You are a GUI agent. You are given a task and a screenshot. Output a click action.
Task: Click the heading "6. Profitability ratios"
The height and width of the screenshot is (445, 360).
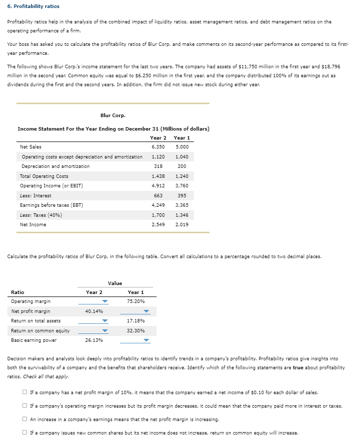pos(33,6)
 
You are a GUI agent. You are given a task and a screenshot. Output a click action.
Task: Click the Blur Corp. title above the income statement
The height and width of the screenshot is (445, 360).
pos(113,115)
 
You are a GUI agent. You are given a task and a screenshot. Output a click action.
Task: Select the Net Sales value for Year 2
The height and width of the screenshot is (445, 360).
pos(159,147)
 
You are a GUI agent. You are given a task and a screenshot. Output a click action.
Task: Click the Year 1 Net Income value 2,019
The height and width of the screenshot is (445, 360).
pos(181,225)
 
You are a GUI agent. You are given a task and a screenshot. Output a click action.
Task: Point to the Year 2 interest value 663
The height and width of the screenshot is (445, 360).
pos(158,196)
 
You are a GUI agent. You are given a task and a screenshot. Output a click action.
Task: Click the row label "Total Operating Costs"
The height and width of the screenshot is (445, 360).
pos(44,176)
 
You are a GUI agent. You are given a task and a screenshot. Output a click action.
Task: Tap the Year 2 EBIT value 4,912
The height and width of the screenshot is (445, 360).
pos(159,186)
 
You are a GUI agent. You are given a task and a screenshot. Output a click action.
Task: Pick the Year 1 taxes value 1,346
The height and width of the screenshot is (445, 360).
pos(181,215)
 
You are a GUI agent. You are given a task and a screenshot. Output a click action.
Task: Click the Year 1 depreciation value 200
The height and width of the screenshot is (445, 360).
pos(181,166)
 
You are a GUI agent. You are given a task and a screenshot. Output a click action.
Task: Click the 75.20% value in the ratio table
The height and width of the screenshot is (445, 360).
pos(136,301)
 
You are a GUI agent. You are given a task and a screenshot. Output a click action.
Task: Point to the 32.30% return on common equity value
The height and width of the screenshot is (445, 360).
pos(136,331)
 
